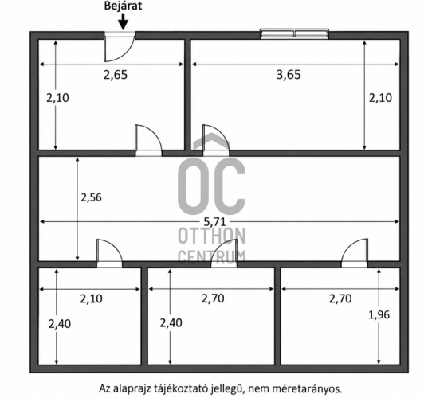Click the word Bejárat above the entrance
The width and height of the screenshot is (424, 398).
coord(123,6)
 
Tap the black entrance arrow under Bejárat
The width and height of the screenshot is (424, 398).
coord(124,21)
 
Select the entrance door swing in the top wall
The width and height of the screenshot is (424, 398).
coord(120,47)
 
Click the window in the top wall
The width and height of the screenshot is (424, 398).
coord(294,33)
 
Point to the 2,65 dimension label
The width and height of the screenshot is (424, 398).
coord(116,75)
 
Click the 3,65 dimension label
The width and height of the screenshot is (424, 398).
coord(289,74)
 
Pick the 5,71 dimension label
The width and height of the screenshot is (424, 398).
coord(214,222)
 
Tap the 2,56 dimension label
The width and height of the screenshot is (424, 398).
coord(92,197)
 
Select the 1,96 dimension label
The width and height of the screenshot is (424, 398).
coord(379,315)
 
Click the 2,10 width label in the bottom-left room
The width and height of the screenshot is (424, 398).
coord(92,298)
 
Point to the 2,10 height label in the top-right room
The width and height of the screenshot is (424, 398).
coord(380,98)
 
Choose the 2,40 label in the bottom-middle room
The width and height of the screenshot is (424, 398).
coord(171,323)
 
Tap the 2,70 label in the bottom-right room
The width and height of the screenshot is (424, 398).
coord(340,298)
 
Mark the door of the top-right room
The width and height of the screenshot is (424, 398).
coord(216,140)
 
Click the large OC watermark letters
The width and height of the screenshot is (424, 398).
coord(211,183)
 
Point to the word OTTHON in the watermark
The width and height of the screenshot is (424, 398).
coord(211,236)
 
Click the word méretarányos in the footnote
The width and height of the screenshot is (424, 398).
coord(307,388)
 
